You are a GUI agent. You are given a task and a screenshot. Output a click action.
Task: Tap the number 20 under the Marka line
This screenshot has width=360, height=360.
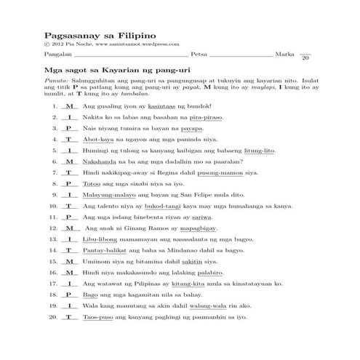305,58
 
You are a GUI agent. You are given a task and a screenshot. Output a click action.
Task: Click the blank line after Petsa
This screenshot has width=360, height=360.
240,55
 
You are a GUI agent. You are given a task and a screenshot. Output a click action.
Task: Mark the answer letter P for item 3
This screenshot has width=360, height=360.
68,127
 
